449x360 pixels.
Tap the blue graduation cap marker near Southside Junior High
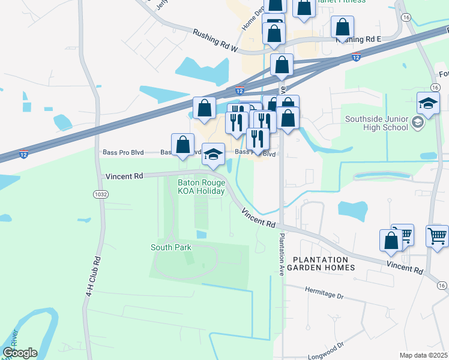tap(428, 104)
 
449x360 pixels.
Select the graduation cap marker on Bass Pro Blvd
tap(213, 155)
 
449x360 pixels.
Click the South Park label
tap(170, 247)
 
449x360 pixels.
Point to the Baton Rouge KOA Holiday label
tap(201, 187)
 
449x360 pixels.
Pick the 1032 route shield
tap(100, 194)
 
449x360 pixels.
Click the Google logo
tap(20, 353)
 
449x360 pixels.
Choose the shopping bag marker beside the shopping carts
tap(391, 240)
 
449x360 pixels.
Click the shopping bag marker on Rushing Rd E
tap(342, 27)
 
